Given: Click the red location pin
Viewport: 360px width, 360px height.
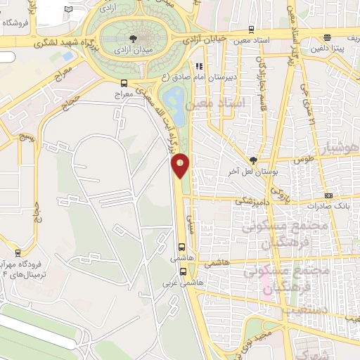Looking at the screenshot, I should (x=180, y=165).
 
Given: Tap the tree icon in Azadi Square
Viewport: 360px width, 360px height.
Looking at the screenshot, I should (x=133, y=37).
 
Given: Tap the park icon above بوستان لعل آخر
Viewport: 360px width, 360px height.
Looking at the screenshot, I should (x=254, y=160).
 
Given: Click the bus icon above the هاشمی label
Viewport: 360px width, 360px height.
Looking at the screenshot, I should (x=182, y=247).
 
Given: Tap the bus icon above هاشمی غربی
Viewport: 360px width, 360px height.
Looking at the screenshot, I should (x=183, y=271).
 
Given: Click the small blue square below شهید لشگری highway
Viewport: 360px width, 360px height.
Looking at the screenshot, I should (x=68, y=56).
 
